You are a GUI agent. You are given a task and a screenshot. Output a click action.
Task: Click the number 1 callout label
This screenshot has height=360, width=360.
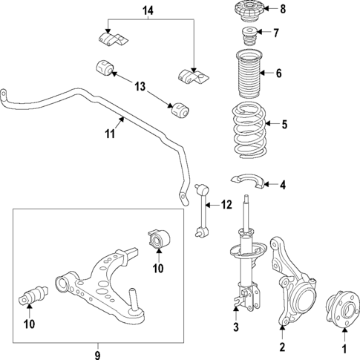(344, 347)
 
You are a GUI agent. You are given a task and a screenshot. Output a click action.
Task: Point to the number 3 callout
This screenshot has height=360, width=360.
(236, 327)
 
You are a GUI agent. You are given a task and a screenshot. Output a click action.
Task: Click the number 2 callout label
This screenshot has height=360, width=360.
(281, 347)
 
